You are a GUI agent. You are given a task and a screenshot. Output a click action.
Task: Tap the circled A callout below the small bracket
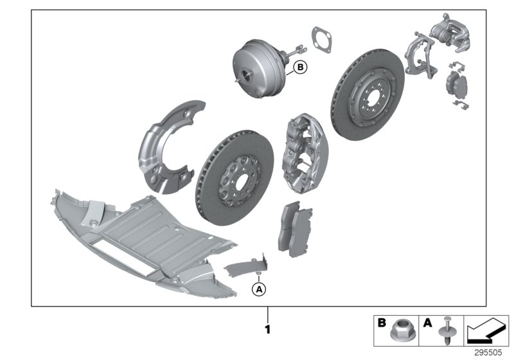(258, 290)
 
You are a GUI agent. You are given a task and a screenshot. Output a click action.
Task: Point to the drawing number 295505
(492, 352)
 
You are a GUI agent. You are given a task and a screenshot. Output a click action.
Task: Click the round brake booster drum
(260, 67)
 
